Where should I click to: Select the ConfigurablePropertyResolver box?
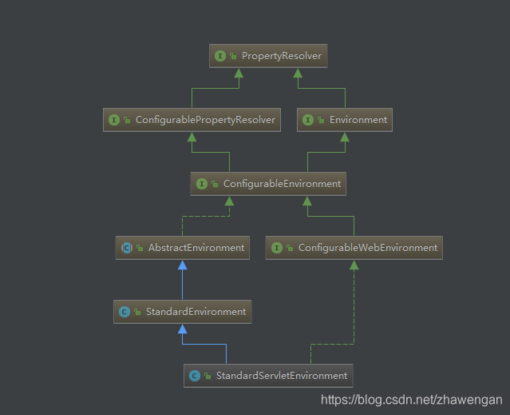tap(192, 120)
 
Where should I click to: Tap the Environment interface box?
tap(344, 120)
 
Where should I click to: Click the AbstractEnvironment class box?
tap(182, 248)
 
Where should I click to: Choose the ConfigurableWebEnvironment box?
tap(354, 248)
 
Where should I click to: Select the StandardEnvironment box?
tap(182, 312)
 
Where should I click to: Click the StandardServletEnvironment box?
tap(267, 375)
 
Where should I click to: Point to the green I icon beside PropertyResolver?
tap(220, 56)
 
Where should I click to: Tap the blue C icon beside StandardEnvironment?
tap(124, 312)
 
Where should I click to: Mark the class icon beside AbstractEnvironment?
tap(126, 248)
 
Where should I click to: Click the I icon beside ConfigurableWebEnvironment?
tap(277, 248)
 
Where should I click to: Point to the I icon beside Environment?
tap(308, 120)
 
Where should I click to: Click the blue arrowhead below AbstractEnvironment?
tap(182, 265)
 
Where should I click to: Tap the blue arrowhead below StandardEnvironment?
tap(182, 329)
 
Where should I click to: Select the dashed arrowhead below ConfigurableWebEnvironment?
tap(354, 265)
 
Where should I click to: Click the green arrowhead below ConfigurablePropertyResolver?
tap(192, 137)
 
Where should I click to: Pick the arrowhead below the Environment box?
tap(344, 137)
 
